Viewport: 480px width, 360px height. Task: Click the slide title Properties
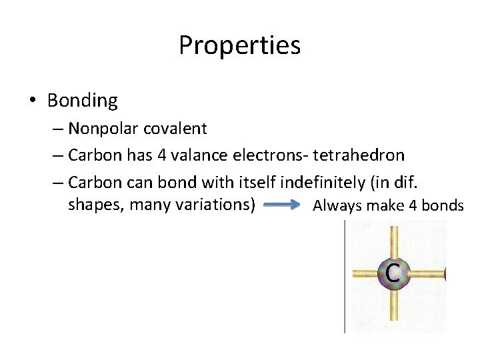tap(239, 45)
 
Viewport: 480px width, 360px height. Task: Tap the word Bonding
tap(82, 101)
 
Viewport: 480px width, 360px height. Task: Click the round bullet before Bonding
tap(32, 101)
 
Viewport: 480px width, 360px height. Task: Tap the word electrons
tap(264, 155)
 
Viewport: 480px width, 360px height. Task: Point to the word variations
tap(215, 204)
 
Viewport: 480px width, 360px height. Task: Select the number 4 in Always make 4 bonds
tap(415, 205)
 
